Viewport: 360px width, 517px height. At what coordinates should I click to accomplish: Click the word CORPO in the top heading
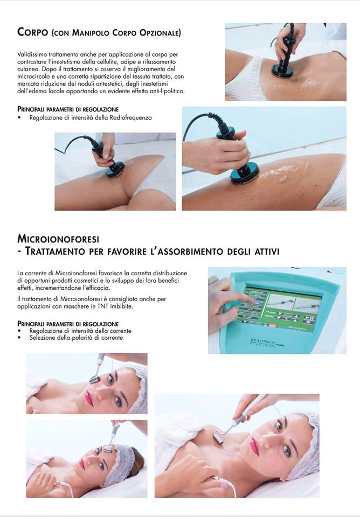tap(33, 32)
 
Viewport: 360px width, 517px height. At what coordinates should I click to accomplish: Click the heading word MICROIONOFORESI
tap(58, 239)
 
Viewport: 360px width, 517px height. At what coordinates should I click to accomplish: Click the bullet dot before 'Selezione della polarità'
tap(19, 338)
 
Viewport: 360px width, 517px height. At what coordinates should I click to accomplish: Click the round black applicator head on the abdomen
tap(282, 71)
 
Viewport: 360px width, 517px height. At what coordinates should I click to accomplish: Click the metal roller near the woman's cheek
tap(95, 380)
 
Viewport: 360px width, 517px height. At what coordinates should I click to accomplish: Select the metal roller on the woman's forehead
tap(107, 449)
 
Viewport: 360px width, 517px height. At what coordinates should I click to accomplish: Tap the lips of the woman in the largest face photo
tap(254, 446)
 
